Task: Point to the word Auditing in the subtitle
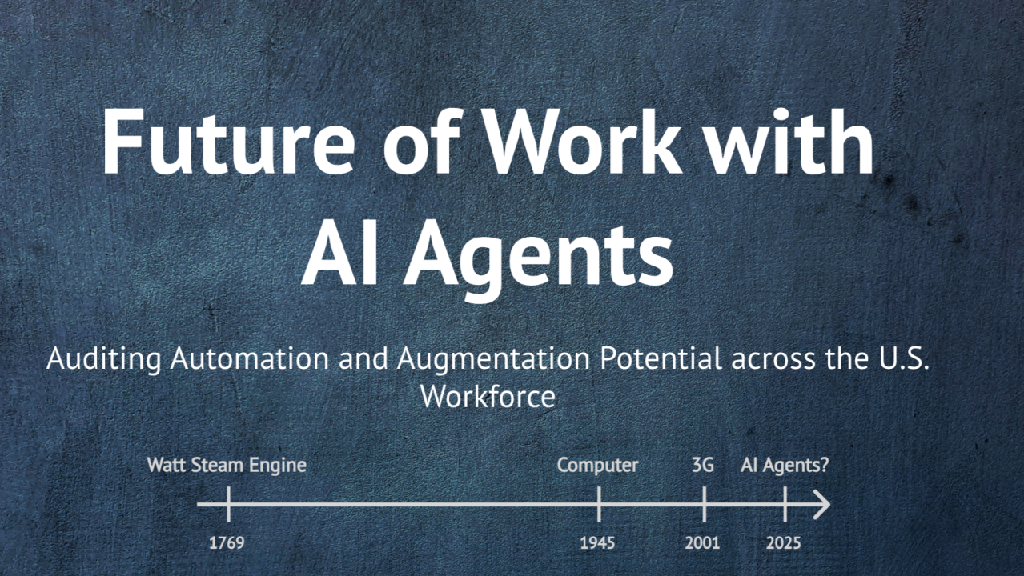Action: point(104,358)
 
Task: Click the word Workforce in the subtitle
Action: point(488,397)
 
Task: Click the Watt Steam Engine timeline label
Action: point(227,465)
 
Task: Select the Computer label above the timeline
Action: point(598,465)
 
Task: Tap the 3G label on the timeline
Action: point(702,465)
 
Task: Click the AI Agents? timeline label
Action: point(785,465)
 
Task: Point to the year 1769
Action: point(227,543)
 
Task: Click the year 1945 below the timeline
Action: point(598,543)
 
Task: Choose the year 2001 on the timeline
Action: point(702,543)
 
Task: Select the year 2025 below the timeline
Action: point(783,543)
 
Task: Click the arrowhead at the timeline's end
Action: point(822,505)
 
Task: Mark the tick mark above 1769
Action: point(228,505)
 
